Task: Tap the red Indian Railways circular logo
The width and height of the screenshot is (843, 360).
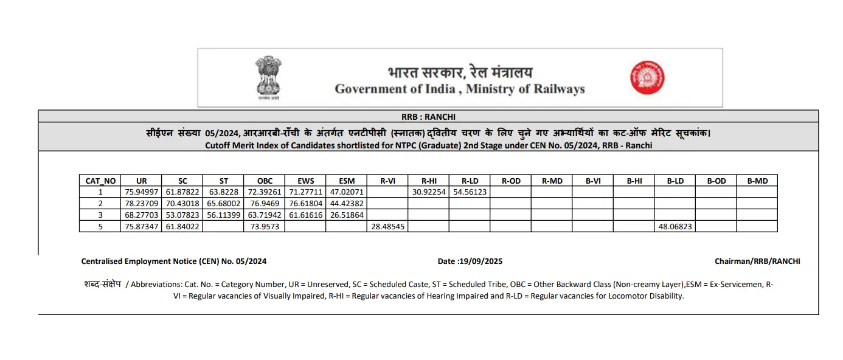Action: coord(647,77)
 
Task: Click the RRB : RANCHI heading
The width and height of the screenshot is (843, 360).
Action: coord(428,117)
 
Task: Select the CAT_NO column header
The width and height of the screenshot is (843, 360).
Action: coord(100,181)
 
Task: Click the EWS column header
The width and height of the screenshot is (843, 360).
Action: coord(305,181)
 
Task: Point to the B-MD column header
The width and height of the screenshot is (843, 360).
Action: coord(757,181)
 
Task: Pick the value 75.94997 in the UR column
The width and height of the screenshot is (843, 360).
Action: coord(141,192)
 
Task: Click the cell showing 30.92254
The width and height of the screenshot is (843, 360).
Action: coord(429,192)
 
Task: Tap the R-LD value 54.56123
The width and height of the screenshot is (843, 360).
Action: coord(470,192)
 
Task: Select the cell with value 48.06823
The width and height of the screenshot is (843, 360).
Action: coord(675,226)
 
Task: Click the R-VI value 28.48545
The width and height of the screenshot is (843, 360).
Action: coord(387,226)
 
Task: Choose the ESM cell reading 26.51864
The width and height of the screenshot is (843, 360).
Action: coord(346,215)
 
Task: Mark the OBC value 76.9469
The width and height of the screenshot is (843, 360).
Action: coord(264,203)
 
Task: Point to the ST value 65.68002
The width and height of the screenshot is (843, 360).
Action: coord(223,203)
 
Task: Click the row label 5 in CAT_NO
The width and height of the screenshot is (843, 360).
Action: coord(100,226)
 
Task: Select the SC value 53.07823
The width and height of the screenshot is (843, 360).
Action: coord(182,215)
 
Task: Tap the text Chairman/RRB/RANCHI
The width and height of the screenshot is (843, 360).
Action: coord(757,261)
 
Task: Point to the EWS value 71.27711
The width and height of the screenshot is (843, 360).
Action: coord(305,192)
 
